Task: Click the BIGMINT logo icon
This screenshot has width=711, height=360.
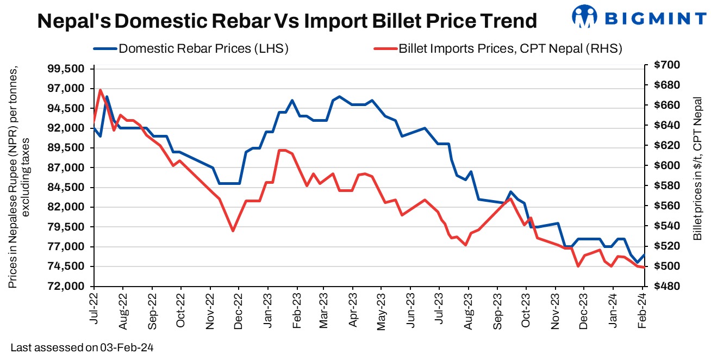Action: [x=584, y=17]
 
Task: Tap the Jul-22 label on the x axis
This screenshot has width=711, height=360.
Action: [x=93, y=308]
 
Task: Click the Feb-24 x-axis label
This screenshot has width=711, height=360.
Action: [x=643, y=308]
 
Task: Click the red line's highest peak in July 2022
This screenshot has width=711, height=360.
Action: [x=101, y=90]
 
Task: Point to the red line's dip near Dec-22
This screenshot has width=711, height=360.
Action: [x=233, y=231]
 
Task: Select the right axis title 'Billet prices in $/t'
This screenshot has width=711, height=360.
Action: [x=697, y=169]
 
